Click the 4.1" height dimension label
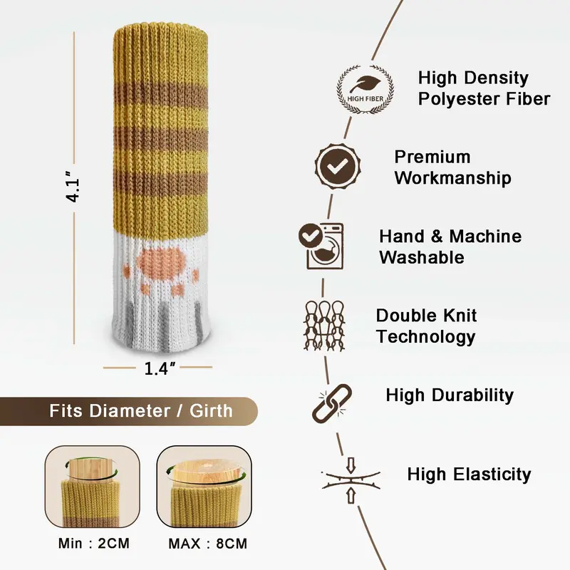(73, 187)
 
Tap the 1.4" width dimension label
(159, 368)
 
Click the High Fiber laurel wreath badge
(366, 90)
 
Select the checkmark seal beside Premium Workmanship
(338, 166)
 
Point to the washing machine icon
(322, 246)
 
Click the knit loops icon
(324, 326)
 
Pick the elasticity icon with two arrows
(351, 480)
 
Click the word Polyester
(457, 99)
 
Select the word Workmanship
(452, 177)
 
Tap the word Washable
(422, 257)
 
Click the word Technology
(425, 337)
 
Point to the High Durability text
(450, 395)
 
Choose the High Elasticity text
(469, 475)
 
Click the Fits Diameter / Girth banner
(129, 411)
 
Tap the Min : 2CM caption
(94, 544)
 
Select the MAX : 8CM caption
(207, 544)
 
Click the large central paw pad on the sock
(161, 261)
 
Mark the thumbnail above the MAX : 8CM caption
(204, 487)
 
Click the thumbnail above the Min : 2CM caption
(93, 487)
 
